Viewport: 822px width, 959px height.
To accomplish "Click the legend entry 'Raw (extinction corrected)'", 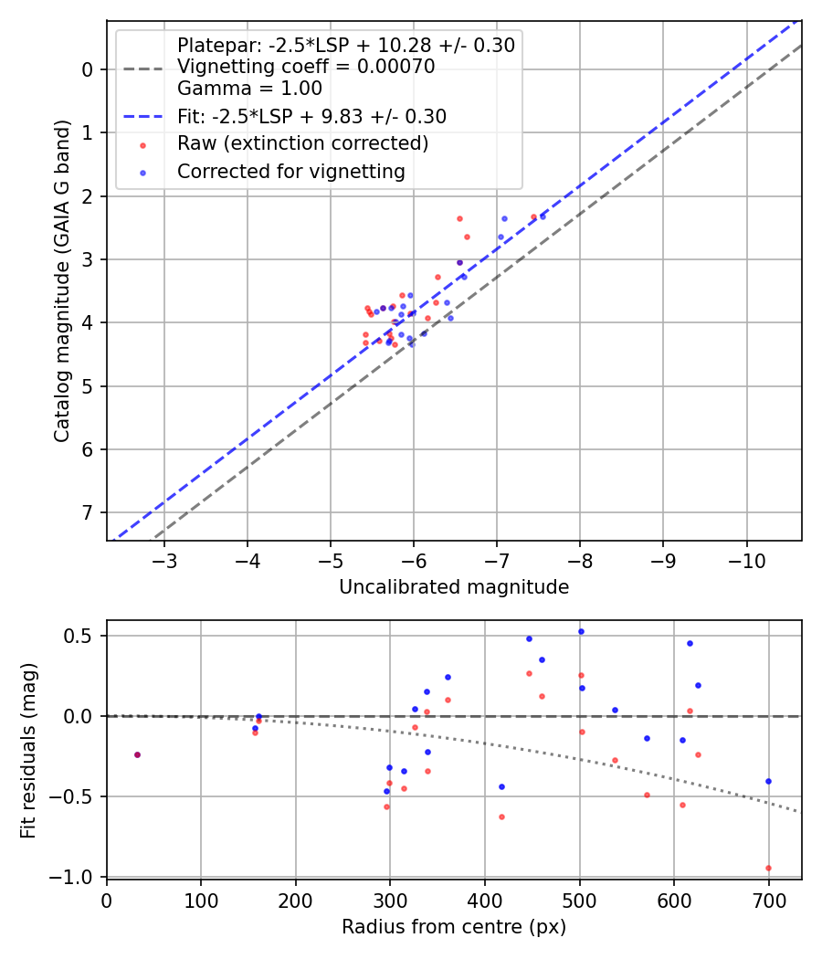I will coord(302,143).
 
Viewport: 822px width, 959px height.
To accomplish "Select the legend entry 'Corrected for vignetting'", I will coord(291,171).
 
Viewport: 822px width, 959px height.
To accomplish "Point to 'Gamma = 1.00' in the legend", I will coord(249,89).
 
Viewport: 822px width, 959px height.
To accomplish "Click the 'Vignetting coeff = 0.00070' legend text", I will coord(306,67).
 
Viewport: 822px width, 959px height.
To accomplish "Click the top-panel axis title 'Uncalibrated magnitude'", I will coord(454,587).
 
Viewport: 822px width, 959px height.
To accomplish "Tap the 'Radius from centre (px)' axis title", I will coord(454,927).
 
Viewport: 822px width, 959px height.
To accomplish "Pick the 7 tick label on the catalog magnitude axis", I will coord(88,512).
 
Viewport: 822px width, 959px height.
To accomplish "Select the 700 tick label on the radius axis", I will coord(768,901).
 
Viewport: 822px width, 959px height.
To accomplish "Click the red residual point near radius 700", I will coord(768,868).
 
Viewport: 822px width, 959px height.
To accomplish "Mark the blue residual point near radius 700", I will coord(768,781).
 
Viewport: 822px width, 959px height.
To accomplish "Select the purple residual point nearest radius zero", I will coord(137,754).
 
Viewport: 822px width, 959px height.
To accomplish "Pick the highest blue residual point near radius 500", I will coord(580,631).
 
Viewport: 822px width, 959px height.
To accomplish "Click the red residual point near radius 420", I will coord(501,817).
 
